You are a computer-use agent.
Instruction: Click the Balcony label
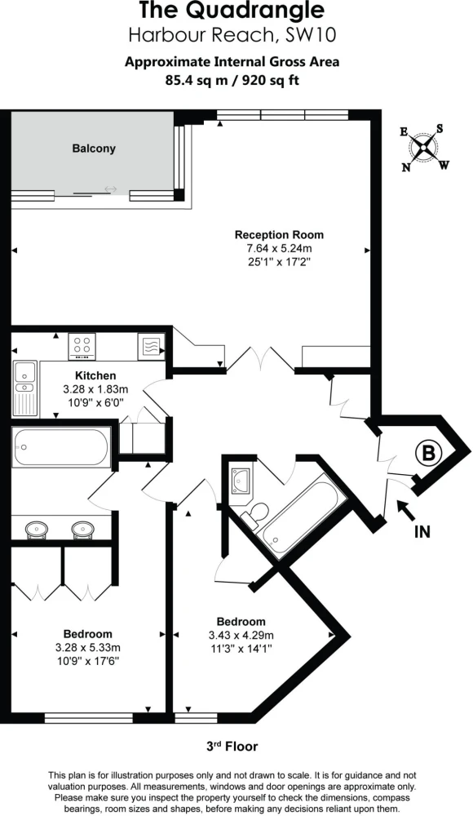[94, 149]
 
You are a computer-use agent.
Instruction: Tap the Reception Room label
[279, 235]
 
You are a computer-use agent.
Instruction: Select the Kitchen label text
[95, 375]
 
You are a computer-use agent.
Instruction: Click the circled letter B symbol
[428, 453]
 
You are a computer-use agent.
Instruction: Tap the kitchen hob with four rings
[82, 345]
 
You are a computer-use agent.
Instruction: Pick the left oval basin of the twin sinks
[37, 530]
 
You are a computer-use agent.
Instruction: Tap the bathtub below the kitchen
[61, 447]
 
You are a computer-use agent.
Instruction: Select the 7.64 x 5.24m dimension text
[280, 248]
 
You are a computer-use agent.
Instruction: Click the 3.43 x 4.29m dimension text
[241, 635]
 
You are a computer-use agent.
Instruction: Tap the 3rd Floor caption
[232, 747]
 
